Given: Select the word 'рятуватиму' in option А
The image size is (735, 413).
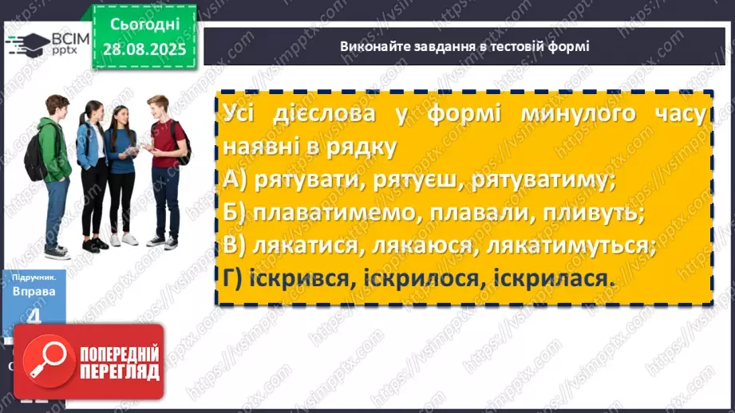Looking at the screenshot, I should (543, 180).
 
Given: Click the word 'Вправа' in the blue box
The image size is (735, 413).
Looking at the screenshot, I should (34, 292).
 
